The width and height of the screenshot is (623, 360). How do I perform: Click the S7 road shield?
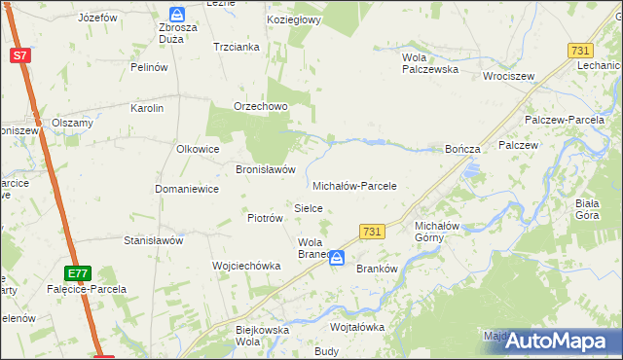(20, 55)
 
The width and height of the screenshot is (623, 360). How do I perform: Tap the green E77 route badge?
(79, 273)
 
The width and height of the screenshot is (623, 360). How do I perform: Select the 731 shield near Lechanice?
(581, 50)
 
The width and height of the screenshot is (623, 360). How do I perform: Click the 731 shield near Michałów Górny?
(371, 232)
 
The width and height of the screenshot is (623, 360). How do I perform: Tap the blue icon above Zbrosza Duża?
(176, 14)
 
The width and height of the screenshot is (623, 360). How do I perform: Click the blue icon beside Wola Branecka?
(337, 258)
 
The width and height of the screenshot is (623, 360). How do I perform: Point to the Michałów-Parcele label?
(354, 185)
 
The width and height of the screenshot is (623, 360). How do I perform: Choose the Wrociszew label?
(510, 74)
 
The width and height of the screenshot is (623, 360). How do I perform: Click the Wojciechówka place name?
(246, 265)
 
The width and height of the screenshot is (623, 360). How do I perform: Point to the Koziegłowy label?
(295, 19)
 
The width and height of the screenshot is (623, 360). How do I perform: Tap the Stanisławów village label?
(153, 239)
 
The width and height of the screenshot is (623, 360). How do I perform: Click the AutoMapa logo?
(554, 341)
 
